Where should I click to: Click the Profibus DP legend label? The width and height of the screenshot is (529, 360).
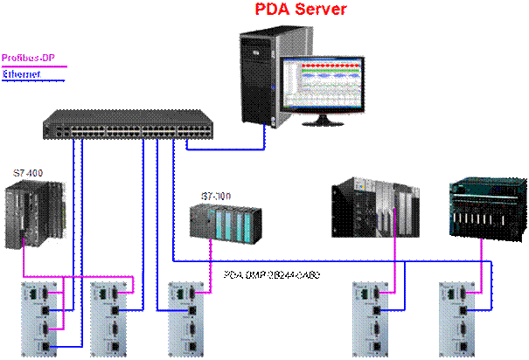coord(25,57)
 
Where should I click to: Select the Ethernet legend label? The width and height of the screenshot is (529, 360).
coord(22,75)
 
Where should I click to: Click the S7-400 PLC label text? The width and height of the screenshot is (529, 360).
coord(27,173)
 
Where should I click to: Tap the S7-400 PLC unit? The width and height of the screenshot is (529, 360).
coord(37,215)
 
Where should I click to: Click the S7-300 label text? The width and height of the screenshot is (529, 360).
coord(214,194)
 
